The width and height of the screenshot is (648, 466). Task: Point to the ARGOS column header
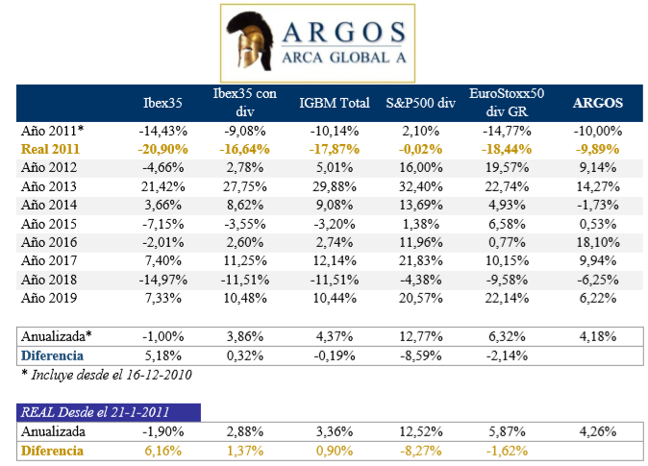click(597, 102)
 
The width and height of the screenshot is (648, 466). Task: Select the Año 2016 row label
click(47, 241)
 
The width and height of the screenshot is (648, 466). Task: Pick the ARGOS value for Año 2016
click(598, 241)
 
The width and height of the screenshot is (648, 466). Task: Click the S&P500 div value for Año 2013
click(420, 185)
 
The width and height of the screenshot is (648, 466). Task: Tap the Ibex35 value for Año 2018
click(158, 278)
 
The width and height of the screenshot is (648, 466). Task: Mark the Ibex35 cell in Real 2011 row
click(158, 149)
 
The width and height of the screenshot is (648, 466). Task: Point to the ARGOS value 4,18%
click(598, 335)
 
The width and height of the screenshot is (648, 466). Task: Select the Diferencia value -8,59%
click(420, 354)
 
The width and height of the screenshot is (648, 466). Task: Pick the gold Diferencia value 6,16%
click(158, 450)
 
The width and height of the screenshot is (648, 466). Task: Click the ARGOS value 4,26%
click(598, 431)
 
